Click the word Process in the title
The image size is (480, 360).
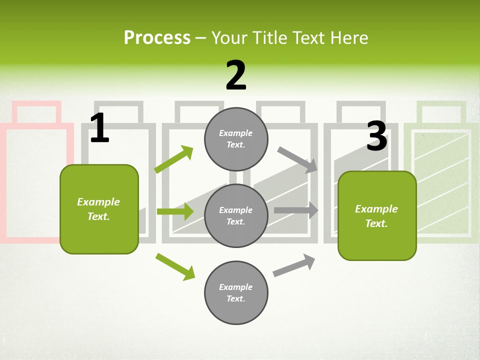[x=157, y=38]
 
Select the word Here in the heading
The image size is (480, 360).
[x=349, y=38]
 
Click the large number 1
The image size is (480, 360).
[x=100, y=127]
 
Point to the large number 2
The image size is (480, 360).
[x=236, y=75]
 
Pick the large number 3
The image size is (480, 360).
[x=377, y=136]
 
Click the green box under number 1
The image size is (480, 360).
[x=99, y=209]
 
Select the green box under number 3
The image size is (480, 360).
[x=377, y=216]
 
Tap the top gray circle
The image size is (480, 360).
[x=236, y=139]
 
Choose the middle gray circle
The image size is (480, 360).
[x=236, y=216]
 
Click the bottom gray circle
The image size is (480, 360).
[x=236, y=292]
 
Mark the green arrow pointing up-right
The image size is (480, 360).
[x=174, y=159]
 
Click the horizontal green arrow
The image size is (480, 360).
[x=175, y=211]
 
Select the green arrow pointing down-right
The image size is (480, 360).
[x=175, y=266]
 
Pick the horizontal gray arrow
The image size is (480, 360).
[x=296, y=210]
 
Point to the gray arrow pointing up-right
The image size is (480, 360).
[x=294, y=265]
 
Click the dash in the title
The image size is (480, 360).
[x=201, y=39]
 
